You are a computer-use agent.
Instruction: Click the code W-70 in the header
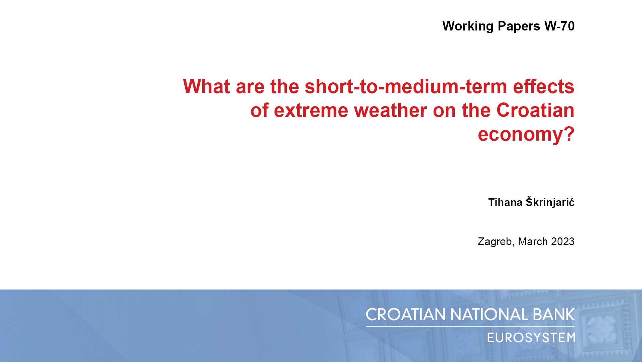(559, 26)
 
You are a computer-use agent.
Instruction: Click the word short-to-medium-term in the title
(406, 86)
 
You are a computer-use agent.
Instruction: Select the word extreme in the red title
(311, 111)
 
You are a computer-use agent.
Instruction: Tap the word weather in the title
(390, 110)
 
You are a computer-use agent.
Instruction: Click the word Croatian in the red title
(535, 110)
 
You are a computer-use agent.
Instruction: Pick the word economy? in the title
(526, 135)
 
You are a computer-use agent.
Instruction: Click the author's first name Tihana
(505, 202)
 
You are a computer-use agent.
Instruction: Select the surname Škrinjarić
(550, 202)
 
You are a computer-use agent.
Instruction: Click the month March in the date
(533, 241)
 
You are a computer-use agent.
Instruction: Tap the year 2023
(563, 241)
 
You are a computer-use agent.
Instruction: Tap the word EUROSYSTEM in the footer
(531, 338)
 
